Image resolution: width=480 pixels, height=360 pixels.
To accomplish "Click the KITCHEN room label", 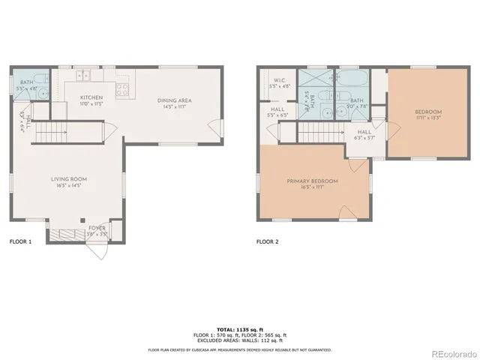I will point(91,97).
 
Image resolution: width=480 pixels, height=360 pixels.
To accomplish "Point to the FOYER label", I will point(97,227).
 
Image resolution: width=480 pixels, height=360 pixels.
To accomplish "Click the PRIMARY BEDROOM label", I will point(312,181).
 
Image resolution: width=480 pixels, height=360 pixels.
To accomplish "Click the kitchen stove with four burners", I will point(123,85).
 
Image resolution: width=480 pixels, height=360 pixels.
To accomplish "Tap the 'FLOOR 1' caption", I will point(20,242).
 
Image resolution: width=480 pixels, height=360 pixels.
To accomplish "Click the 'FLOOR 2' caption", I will point(267,242).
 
